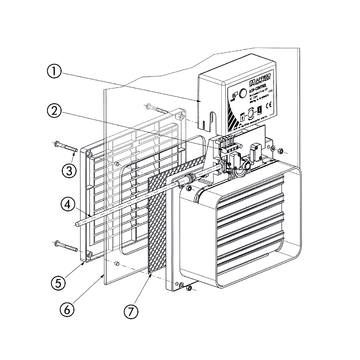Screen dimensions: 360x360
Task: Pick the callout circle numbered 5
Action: (x=64, y=271)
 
